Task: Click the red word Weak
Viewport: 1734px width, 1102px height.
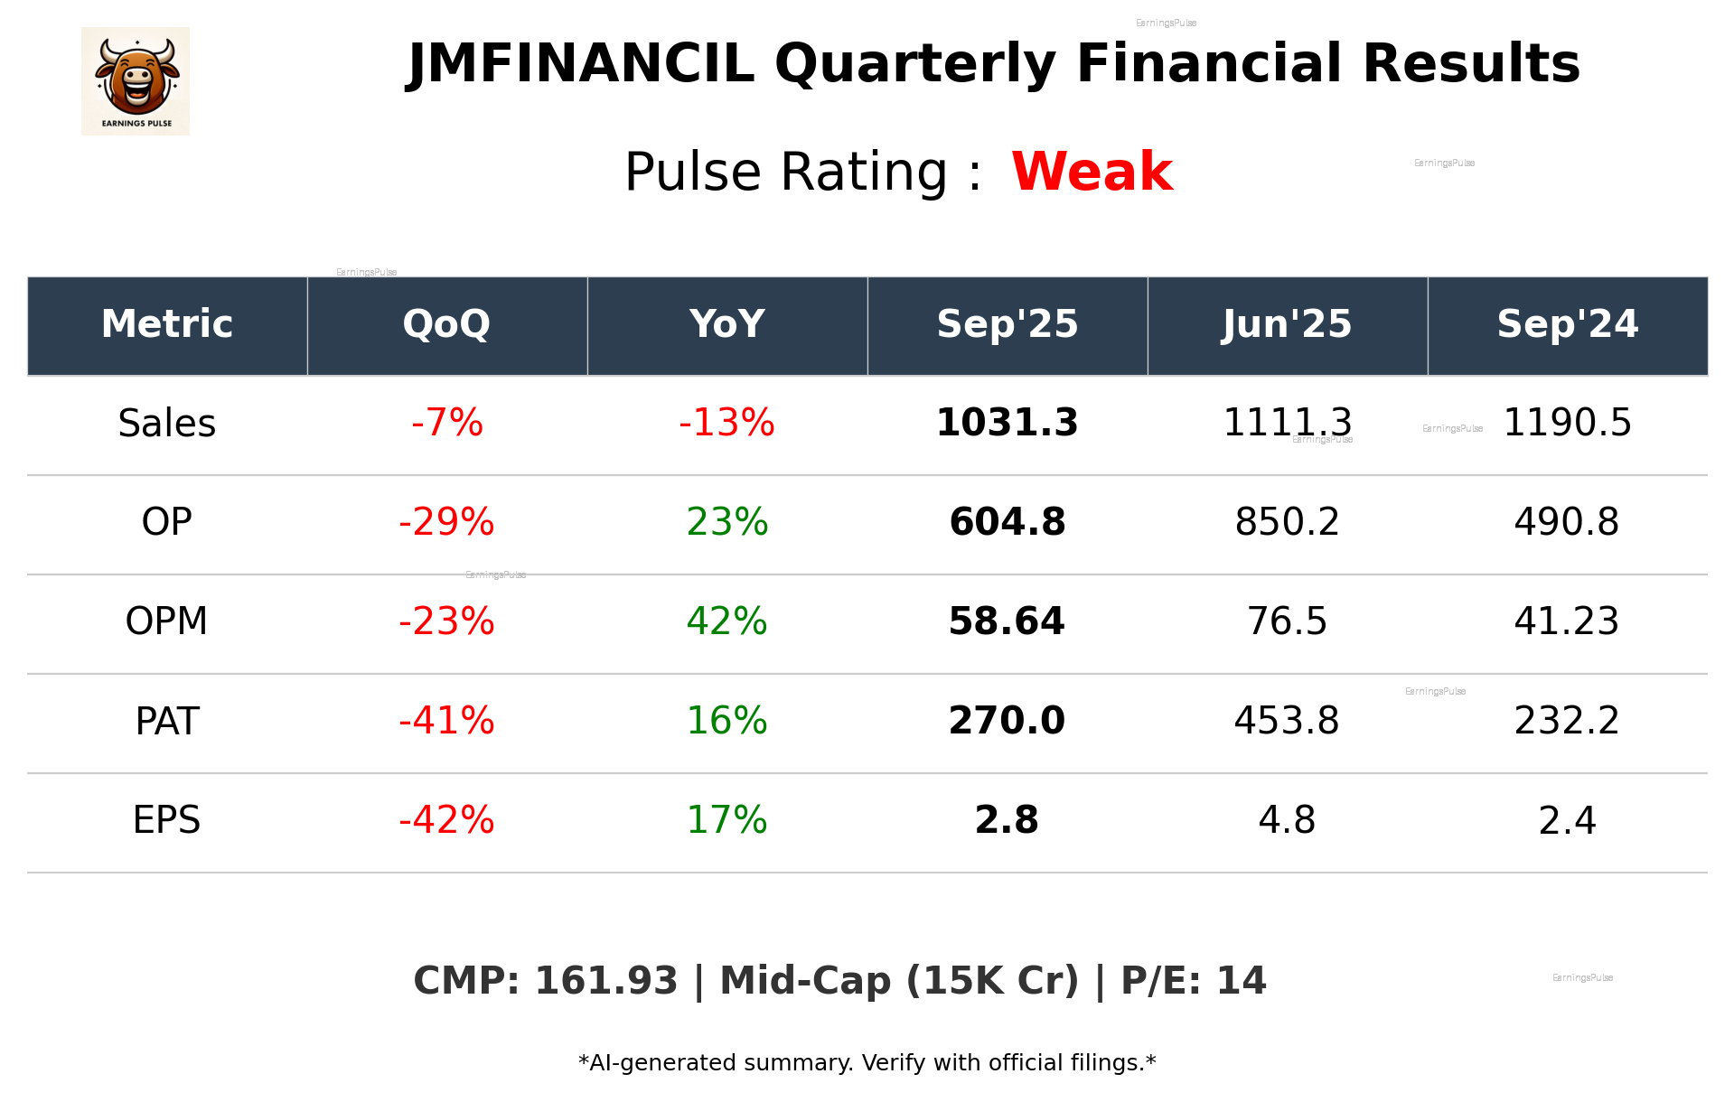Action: (1092, 172)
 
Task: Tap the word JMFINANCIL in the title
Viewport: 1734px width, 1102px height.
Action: (581, 64)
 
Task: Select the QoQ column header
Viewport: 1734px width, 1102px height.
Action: (446, 324)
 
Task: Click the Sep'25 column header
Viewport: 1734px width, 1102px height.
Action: (1007, 324)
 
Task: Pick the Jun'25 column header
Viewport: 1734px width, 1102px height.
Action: (1287, 324)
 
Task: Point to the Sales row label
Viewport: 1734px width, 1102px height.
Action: (167, 424)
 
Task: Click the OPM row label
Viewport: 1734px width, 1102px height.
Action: (166, 621)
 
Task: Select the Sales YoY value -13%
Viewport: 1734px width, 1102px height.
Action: (726, 423)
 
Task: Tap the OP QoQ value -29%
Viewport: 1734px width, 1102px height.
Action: (446, 522)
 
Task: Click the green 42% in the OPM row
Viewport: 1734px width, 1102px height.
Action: (726, 621)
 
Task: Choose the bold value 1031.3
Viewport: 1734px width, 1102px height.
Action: (1007, 423)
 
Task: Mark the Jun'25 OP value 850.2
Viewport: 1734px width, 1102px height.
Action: (1287, 522)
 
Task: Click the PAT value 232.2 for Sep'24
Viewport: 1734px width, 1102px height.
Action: (1567, 721)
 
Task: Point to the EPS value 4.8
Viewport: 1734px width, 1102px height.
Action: (1287, 820)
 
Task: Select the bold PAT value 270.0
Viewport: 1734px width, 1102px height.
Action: (1007, 721)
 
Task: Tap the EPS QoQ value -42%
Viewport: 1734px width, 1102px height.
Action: (446, 820)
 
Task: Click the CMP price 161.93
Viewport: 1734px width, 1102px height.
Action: (605, 981)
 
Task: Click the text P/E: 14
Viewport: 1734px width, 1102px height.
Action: (1193, 981)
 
